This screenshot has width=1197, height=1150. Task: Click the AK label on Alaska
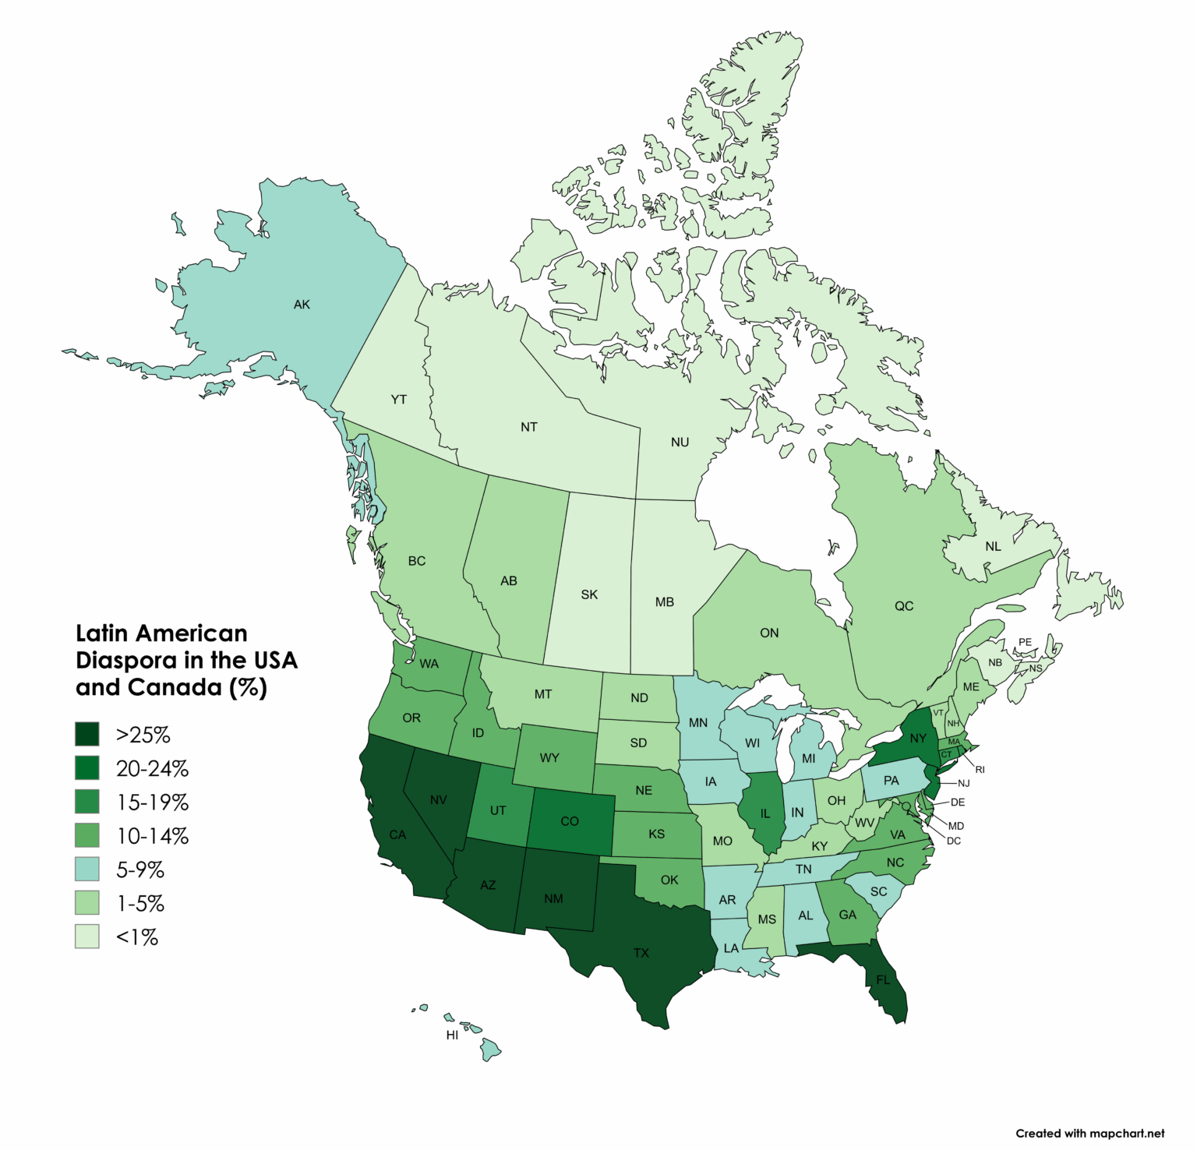[x=302, y=305]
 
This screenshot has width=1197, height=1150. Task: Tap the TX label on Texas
[x=641, y=953]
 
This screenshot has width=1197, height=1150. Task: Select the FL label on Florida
[x=882, y=979]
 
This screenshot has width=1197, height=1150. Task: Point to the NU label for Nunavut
[x=680, y=442]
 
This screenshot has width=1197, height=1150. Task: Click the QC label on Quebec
[x=903, y=605]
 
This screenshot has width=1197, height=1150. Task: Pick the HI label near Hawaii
[x=452, y=1035]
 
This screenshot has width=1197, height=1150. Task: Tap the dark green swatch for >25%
[x=87, y=734]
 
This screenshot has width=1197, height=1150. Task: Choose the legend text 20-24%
[x=152, y=768]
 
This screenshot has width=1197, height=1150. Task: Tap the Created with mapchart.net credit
[x=1089, y=1133]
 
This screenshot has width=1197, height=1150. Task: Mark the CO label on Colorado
[x=570, y=821]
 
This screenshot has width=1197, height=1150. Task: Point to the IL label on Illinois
[x=764, y=813]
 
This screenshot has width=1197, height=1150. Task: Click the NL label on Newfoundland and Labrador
[x=993, y=546]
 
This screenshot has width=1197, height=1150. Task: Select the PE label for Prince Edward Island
[x=1025, y=642]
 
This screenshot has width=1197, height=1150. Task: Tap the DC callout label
[x=953, y=841]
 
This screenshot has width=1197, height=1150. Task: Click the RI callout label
[x=980, y=769]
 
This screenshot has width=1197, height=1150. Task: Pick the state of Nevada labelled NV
[x=438, y=799]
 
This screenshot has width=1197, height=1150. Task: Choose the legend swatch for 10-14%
[x=87, y=835]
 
